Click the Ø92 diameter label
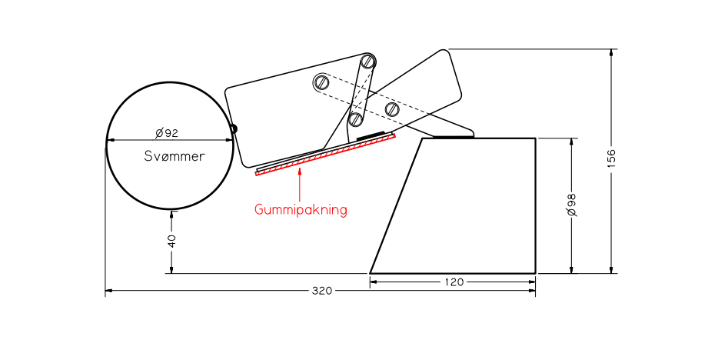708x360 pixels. [x=167, y=133]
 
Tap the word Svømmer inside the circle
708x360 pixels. [x=175, y=156]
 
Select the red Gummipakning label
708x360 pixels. [x=301, y=209]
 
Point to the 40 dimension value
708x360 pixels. [x=171, y=241]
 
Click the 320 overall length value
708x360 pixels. [x=321, y=291]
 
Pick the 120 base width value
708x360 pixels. [x=454, y=282]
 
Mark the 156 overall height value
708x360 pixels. [x=611, y=158]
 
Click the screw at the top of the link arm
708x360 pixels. [x=368, y=61]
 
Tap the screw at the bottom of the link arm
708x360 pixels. [x=355, y=119]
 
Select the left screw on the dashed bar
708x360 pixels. [x=321, y=82]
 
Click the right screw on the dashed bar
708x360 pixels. [x=392, y=108]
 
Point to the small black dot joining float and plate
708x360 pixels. [x=234, y=128]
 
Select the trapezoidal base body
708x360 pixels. [x=461, y=208]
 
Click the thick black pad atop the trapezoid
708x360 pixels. [x=450, y=137]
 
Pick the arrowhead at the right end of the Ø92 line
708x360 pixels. [x=229, y=140]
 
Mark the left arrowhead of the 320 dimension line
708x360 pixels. [x=109, y=291]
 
